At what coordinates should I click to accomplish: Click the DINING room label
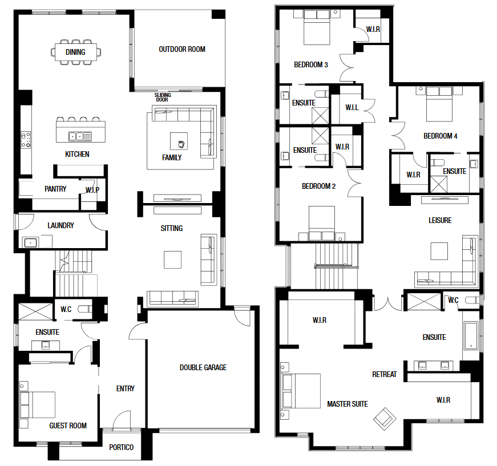[75, 52]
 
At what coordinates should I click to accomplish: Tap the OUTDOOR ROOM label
[182, 49]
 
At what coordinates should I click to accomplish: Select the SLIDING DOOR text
[163, 98]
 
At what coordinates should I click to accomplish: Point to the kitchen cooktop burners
[26, 140]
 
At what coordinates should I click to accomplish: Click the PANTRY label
[55, 189]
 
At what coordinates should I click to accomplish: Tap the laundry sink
[30, 243]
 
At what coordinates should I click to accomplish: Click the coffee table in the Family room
[179, 141]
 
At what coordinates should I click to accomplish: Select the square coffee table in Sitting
[173, 260]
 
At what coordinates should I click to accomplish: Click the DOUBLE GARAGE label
[203, 367]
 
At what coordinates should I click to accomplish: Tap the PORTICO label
[122, 447]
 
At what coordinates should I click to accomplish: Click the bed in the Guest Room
[38, 405]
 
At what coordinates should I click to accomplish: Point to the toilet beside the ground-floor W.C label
[85, 309]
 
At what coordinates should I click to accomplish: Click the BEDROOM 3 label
[311, 64]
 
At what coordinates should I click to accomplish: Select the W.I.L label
[352, 107]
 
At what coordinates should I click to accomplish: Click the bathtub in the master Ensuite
[471, 336]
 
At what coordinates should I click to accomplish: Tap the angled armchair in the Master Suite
[385, 419]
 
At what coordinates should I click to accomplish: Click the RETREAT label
[385, 374]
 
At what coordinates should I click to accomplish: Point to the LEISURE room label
[441, 220]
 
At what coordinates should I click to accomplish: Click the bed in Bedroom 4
[439, 104]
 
